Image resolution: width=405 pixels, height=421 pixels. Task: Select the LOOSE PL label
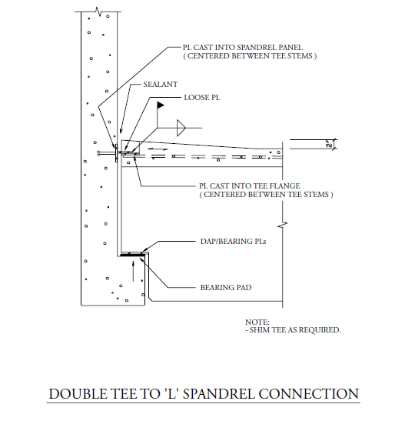pos(203,99)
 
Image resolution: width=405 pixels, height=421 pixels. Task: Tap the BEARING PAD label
pos(226,287)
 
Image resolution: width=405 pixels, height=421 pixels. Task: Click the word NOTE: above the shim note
pos(257,321)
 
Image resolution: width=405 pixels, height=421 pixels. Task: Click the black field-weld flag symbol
pos(161,105)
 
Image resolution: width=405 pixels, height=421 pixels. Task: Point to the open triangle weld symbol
pos(182,125)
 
